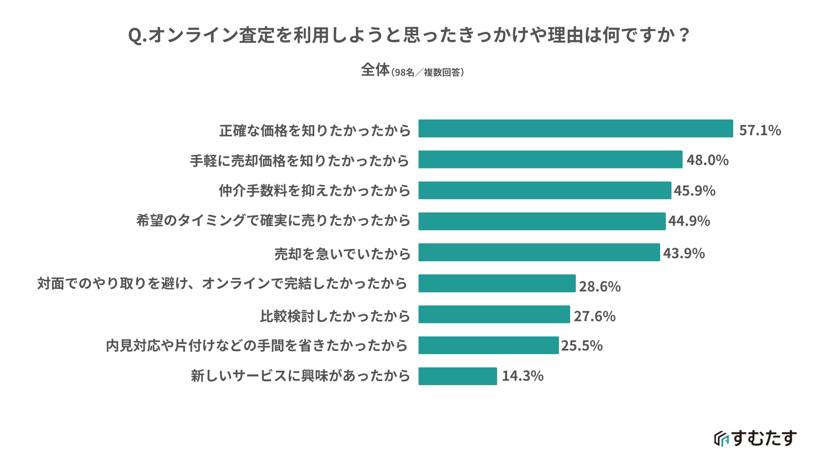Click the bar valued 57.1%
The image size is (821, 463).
point(575,129)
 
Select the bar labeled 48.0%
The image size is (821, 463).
point(550,160)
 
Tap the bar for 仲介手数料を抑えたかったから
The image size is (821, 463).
point(544,190)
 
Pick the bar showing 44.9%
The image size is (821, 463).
point(542,221)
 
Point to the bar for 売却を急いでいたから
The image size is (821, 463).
point(539,253)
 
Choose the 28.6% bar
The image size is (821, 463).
point(497,284)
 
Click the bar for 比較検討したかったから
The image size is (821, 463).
point(494,315)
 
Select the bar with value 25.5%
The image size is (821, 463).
point(488,345)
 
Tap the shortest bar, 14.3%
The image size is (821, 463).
point(457,376)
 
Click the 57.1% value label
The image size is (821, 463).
point(760,130)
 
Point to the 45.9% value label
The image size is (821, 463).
point(694,191)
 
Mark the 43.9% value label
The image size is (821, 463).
point(684,253)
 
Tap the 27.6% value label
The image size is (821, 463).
point(595,316)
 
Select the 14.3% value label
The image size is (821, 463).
point(522,376)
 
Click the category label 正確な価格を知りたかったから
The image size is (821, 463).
point(315,130)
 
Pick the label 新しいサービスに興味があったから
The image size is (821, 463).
point(300,376)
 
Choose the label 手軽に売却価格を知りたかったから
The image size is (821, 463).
point(299,161)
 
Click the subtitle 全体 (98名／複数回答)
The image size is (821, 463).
point(412,70)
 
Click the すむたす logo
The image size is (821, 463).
point(755,438)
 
